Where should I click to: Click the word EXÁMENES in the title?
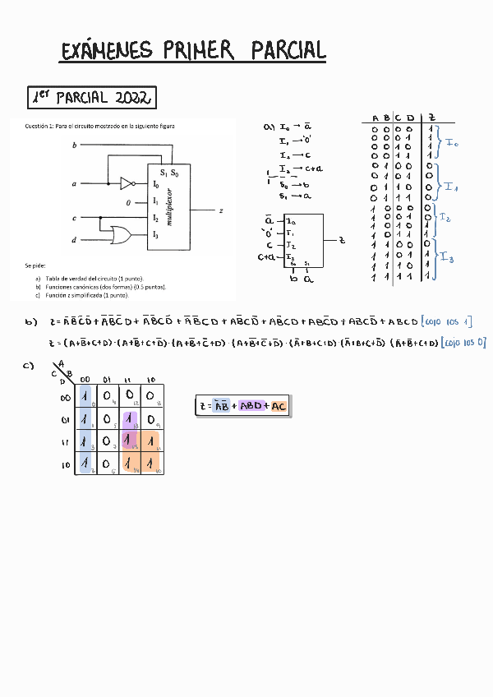pos(107,50)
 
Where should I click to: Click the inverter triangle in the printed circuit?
pos(127,183)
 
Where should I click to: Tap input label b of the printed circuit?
pos(75,145)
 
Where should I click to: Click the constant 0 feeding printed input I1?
pos(128,201)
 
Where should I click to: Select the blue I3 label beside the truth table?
pos(446,258)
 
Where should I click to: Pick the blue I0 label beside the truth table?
pos(452,143)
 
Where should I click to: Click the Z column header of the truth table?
pos(432,118)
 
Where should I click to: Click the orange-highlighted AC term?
pos(279,405)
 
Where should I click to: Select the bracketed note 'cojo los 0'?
pos(463,342)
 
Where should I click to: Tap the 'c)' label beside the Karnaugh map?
pos(28,366)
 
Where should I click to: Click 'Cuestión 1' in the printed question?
pos(39,126)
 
